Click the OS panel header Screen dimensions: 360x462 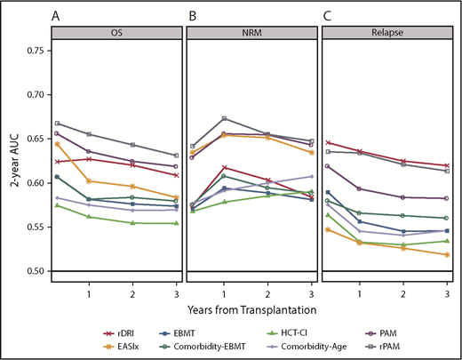116,34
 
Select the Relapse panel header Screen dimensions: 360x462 385,34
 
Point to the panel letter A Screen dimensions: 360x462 56,16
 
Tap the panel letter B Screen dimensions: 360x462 190,16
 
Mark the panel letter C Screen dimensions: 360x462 325,16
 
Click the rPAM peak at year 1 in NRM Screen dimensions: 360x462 225,118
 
